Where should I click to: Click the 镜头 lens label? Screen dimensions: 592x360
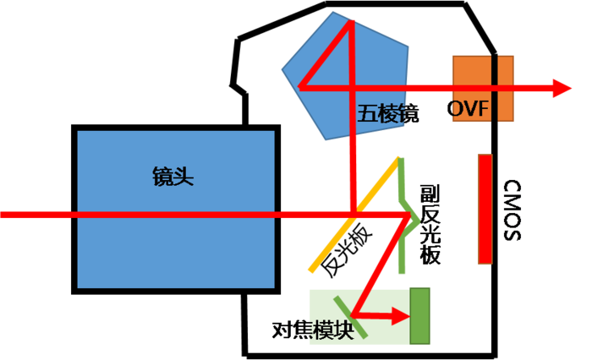click(x=173, y=176)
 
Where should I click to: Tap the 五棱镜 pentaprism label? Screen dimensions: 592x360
click(x=388, y=113)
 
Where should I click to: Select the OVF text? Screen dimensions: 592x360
click(x=468, y=109)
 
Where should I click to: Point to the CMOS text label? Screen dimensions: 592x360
click(x=513, y=210)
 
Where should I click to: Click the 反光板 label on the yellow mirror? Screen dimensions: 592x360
click(x=346, y=249)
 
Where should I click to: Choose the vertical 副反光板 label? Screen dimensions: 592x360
click(x=430, y=225)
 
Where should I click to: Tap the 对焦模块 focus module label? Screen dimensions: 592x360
click(x=314, y=330)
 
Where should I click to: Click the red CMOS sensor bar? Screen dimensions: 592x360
click(x=485, y=209)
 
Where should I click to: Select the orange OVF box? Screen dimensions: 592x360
click(x=483, y=89)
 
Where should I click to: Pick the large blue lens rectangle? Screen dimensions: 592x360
click(x=176, y=210)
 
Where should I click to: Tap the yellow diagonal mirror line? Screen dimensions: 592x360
click(x=354, y=214)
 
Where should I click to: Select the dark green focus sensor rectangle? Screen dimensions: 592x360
click(x=419, y=316)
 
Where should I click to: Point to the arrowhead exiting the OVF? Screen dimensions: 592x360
click(x=562, y=88)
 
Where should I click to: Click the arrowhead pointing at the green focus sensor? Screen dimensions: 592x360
click(x=401, y=316)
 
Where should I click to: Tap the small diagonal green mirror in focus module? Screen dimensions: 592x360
click(x=350, y=317)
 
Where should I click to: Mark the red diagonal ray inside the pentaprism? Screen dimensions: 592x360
click(x=326, y=55)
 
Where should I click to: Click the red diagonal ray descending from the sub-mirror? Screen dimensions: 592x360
click(x=381, y=265)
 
